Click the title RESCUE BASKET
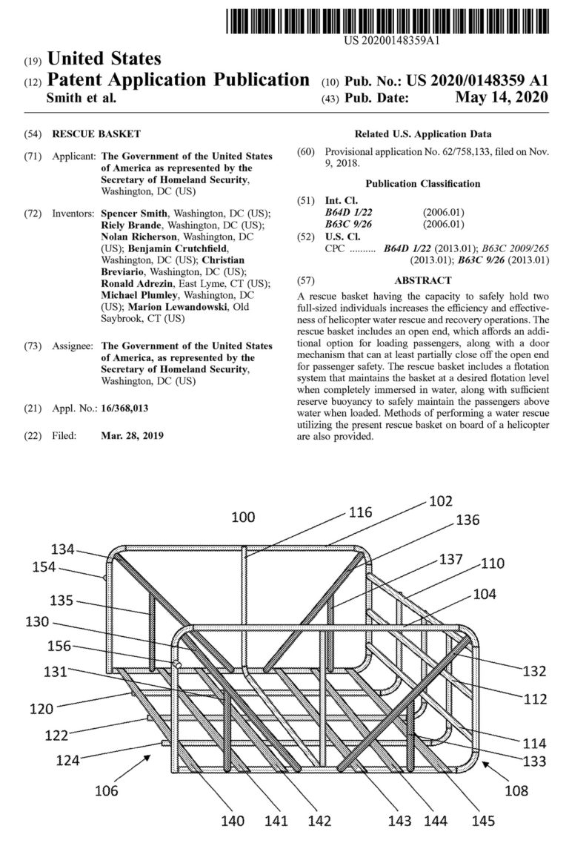tap(96, 134)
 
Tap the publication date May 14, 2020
tap(501, 98)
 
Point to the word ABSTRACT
tap(423, 280)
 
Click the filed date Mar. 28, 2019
tap(132, 435)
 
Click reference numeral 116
tap(362, 512)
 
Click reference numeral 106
tap(103, 790)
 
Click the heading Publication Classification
tap(422, 183)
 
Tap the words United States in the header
tap(104, 58)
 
